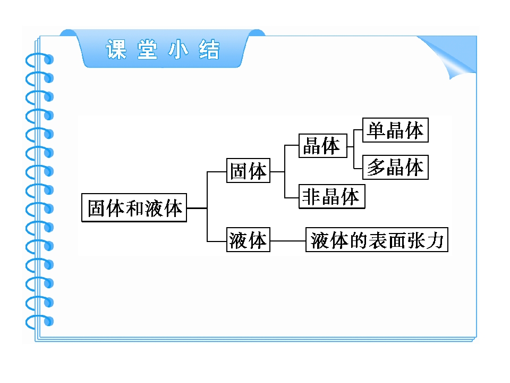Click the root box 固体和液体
[134, 208]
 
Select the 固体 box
[248, 170]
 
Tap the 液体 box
[248, 240]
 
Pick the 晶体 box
[323, 146]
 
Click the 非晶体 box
[331, 196]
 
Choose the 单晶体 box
[395, 130]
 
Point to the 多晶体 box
[395, 167]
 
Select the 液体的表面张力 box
[377, 240]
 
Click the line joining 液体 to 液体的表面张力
[288, 241]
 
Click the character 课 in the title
[116, 49]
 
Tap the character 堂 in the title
[147, 49]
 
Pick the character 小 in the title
[178, 49]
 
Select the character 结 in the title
[209, 49]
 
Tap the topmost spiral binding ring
[39, 60]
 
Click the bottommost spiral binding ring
[39, 322]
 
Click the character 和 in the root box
[134, 208]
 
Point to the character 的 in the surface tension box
[358, 240]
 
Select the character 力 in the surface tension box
[435, 240]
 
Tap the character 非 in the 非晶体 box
[311, 197]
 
